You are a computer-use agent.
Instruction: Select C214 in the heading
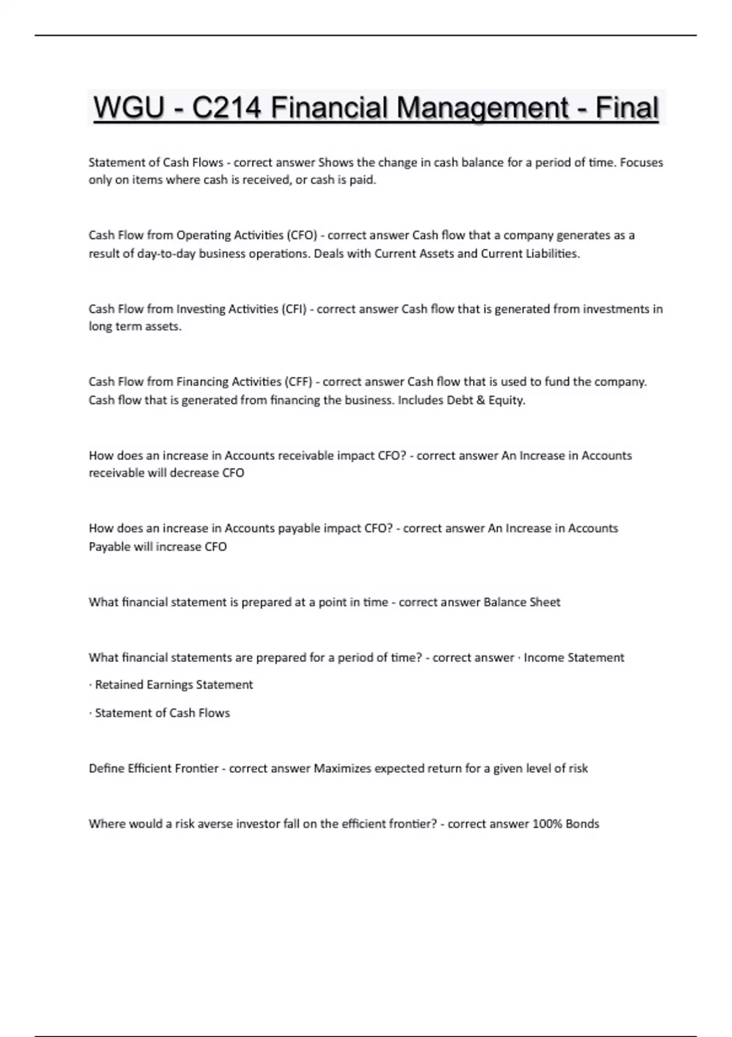click(x=226, y=109)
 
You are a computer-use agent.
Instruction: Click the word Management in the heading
click(x=482, y=109)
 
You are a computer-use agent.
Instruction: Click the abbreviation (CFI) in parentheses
click(x=293, y=309)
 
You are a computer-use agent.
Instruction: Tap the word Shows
click(x=335, y=163)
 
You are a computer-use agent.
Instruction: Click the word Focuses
click(x=641, y=163)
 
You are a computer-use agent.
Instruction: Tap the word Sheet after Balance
click(x=545, y=603)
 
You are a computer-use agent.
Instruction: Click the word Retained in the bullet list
click(x=119, y=685)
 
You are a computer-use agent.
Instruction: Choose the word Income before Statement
click(x=544, y=658)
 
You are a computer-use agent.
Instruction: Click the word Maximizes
click(x=342, y=769)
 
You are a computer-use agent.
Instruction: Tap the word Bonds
click(x=583, y=824)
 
